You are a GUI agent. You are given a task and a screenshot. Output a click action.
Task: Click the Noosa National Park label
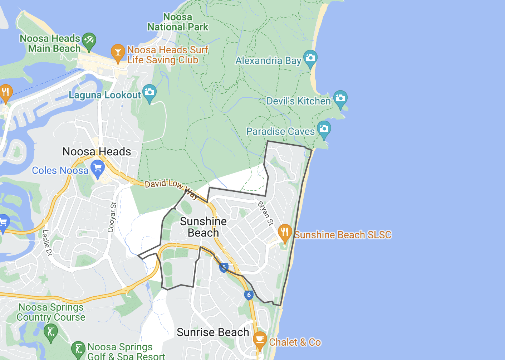[178, 22]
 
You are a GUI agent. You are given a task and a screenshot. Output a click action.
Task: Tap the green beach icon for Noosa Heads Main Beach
[89, 41]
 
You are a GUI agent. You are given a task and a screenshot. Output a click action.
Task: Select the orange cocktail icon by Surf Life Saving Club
[118, 53]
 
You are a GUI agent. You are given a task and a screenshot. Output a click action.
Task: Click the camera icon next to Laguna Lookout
[149, 92]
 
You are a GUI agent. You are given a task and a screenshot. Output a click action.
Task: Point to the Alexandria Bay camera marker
[310, 58]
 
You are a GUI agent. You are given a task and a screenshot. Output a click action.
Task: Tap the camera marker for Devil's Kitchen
[340, 98]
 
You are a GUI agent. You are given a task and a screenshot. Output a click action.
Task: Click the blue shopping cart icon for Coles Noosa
[97, 168]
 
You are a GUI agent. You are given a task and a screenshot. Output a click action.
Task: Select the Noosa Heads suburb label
[97, 152]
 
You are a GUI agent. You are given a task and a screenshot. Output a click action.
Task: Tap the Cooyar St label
[112, 217]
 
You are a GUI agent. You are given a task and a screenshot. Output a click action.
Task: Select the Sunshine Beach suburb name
[203, 227]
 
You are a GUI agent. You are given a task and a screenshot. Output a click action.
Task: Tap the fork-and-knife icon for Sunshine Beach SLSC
[285, 232]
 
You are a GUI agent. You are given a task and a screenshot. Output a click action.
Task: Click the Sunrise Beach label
[213, 332]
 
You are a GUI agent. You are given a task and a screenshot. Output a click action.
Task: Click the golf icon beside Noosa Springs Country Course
[51, 331]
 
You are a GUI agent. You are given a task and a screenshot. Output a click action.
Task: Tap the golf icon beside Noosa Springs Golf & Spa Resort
[78, 349]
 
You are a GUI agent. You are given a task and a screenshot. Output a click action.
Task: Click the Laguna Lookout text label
[105, 95]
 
